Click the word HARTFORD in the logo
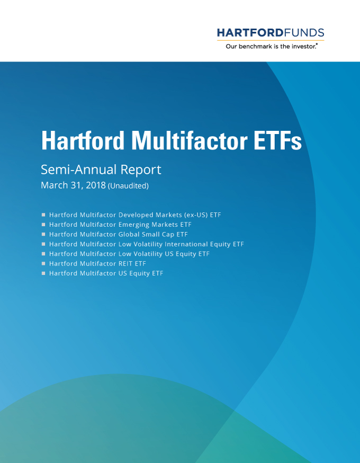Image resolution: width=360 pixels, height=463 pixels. (x=250, y=33)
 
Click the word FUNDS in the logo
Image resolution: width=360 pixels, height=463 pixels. (x=304, y=33)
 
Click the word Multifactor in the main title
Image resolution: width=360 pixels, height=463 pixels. (x=189, y=140)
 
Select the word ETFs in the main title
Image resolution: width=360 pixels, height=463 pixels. (x=277, y=140)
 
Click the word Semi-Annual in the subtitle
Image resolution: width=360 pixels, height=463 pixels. (x=79, y=170)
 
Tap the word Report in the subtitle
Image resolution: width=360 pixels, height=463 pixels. (x=141, y=170)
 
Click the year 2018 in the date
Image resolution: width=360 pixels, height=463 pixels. (x=96, y=185)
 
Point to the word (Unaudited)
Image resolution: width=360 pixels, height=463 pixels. (x=128, y=186)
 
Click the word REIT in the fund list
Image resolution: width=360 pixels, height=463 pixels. (x=125, y=263)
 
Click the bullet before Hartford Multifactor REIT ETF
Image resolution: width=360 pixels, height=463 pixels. (x=43, y=263)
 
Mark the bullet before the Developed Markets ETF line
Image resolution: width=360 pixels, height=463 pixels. (x=43, y=215)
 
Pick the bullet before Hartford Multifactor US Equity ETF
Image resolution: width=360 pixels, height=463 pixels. (x=43, y=273)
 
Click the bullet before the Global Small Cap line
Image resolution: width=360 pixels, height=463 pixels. (x=43, y=234)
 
